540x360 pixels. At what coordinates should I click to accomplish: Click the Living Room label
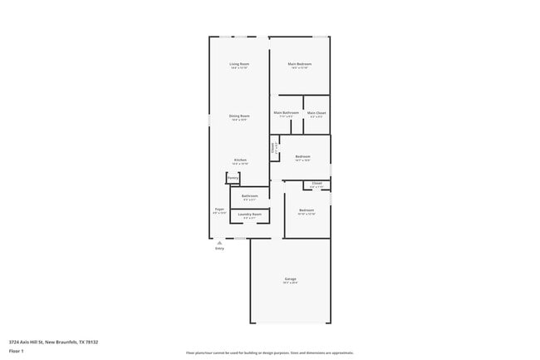click(x=239, y=64)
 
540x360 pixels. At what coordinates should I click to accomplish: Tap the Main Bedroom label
click(x=298, y=64)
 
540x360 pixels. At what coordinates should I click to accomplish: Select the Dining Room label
click(x=239, y=116)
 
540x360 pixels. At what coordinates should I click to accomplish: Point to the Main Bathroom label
click(x=286, y=112)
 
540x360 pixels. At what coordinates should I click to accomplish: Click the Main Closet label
click(x=317, y=112)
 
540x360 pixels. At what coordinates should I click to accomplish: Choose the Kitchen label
click(x=239, y=160)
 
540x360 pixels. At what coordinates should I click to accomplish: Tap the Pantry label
click(x=233, y=177)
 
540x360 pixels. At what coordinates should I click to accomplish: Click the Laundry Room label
click(x=250, y=215)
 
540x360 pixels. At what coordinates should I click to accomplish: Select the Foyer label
click(x=219, y=210)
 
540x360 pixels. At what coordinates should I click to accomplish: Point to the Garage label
click(x=290, y=279)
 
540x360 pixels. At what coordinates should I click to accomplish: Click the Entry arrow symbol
click(x=219, y=242)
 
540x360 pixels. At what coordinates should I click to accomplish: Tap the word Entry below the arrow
click(x=219, y=248)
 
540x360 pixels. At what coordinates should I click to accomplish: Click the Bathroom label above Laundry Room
click(x=250, y=196)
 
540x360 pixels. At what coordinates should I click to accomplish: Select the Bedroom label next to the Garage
click(x=307, y=210)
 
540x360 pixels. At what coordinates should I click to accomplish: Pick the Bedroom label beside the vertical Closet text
click(x=302, y=156)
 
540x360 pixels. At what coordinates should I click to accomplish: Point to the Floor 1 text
click(x=16, y=351)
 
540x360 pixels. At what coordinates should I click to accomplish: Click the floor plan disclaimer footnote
click(x=269, y=353)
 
